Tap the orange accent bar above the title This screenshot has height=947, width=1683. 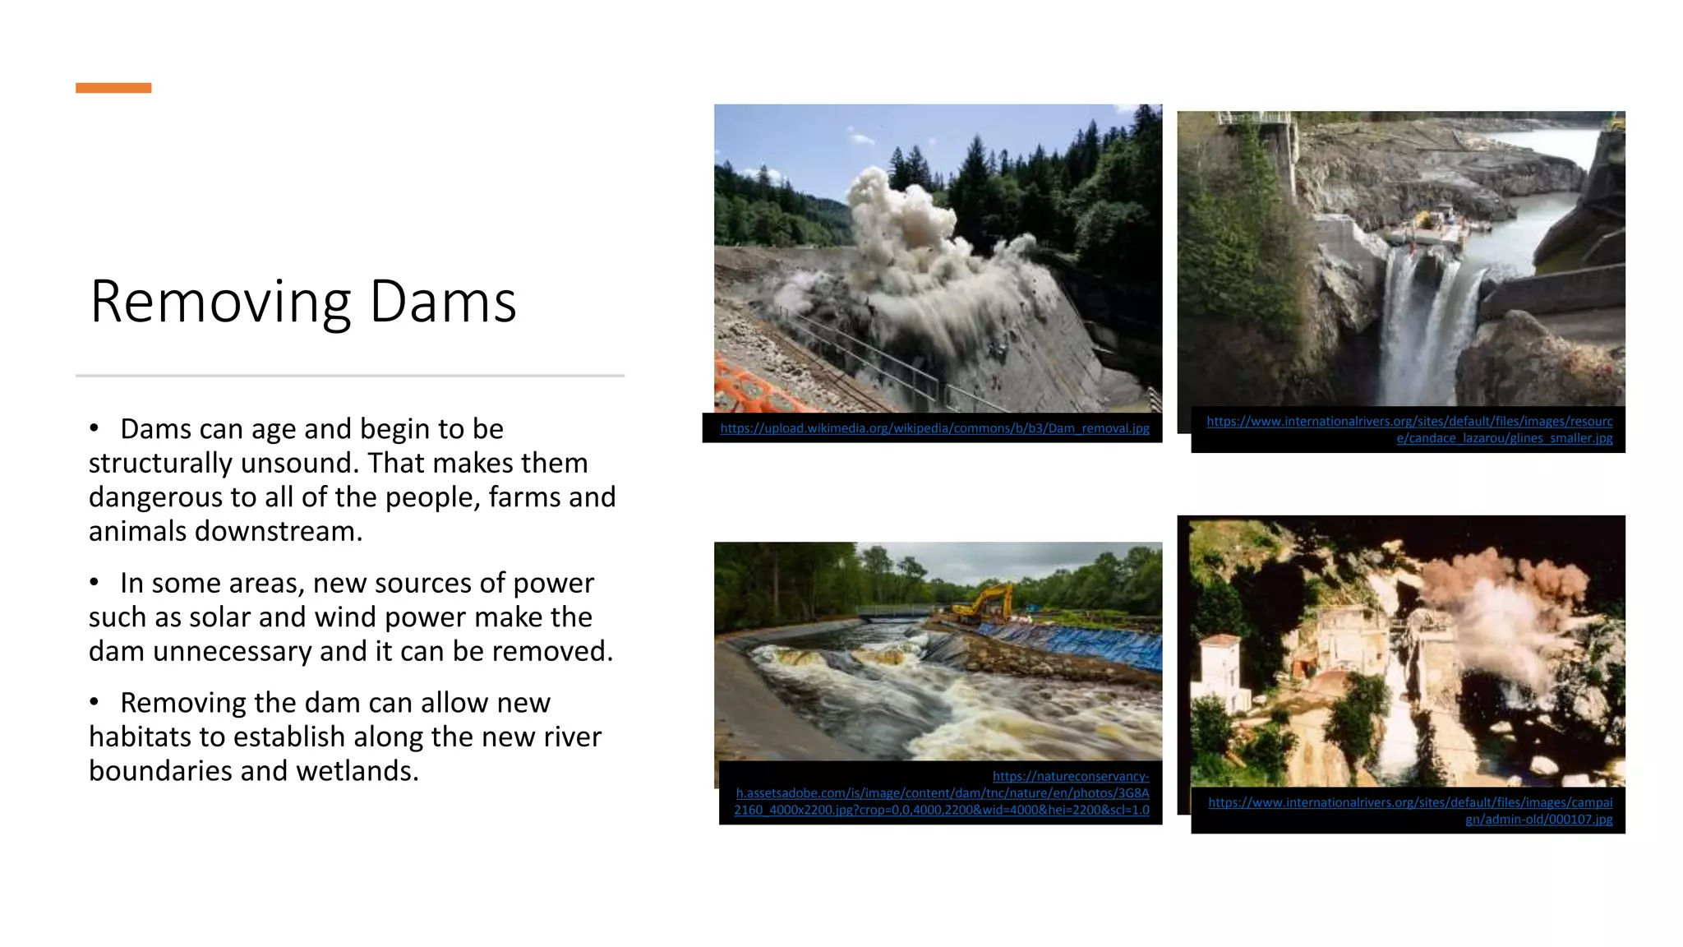coord(113,88)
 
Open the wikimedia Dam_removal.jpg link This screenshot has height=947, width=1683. coord(934,428)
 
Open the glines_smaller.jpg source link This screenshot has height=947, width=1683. coord(1409,430)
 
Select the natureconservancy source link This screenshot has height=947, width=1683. coord(942,793)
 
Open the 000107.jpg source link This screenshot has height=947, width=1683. coord(1410,811)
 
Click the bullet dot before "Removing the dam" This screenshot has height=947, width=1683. coord(95,702)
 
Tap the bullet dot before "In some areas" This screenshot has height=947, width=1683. coord(95,582)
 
